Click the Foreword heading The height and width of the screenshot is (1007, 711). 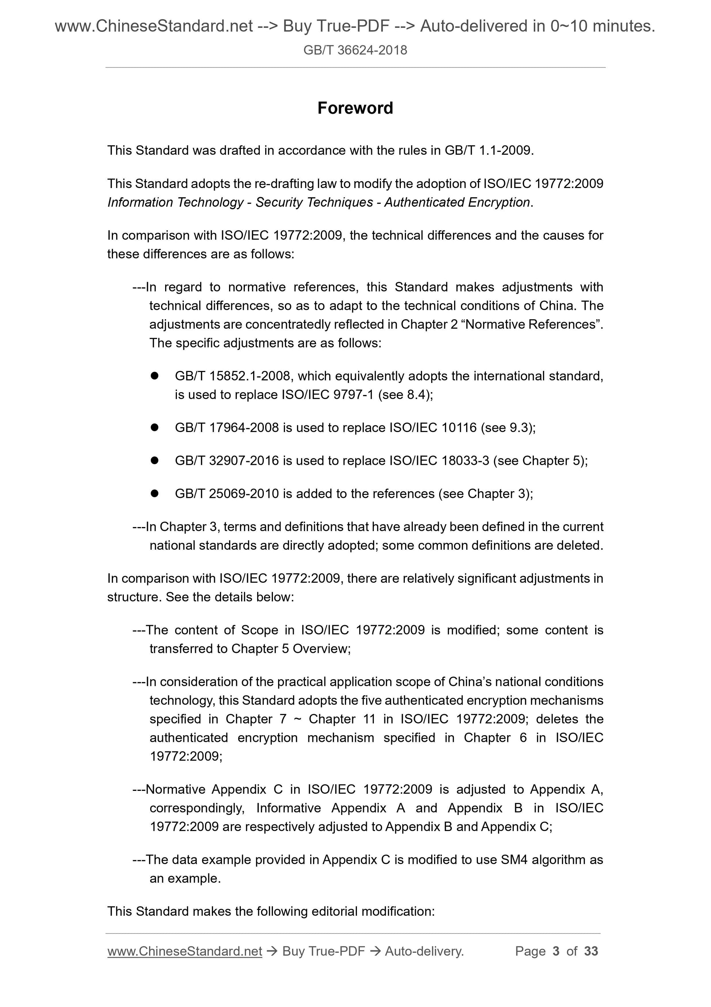tap(355, 108)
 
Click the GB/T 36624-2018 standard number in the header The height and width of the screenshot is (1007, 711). tap(355, 50)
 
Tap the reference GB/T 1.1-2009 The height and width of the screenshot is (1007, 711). tap(488, 150)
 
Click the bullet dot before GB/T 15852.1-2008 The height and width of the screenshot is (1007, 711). tap(154, 376)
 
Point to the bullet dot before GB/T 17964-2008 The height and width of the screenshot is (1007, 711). tap(154, 428)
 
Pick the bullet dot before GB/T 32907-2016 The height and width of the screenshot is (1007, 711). tap(154, 461)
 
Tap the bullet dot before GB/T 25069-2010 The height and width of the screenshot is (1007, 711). tap(154, 493)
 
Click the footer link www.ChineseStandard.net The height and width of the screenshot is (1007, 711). tap(185, 951)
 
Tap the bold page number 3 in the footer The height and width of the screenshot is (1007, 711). tap(556, 951)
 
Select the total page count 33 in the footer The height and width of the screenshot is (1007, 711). tap(591, 951)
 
